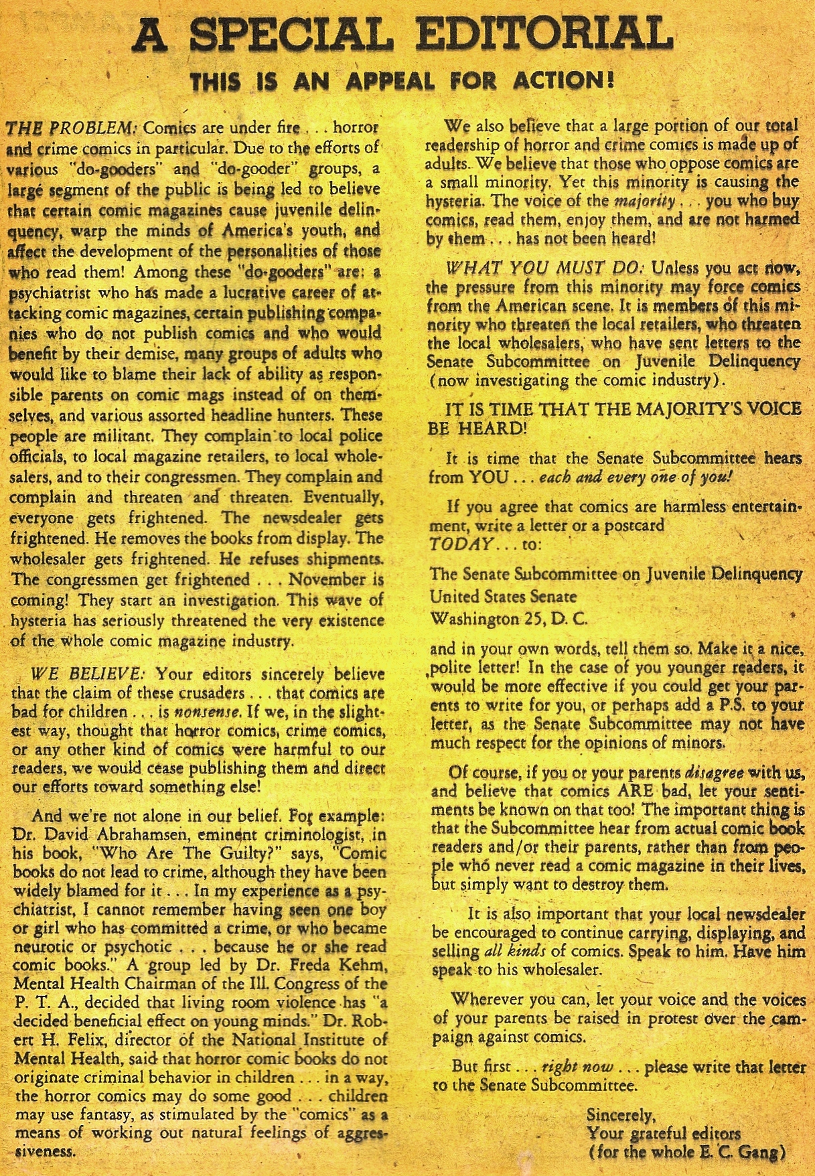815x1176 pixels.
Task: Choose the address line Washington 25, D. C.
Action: [508, 618]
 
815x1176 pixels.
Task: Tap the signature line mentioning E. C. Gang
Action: [685, 1153]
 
